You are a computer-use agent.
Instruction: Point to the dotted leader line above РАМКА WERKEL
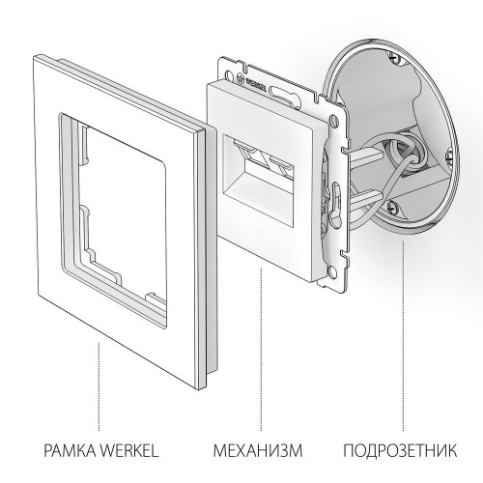tap(99, 386)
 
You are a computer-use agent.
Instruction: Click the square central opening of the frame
tap(121, 203)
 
